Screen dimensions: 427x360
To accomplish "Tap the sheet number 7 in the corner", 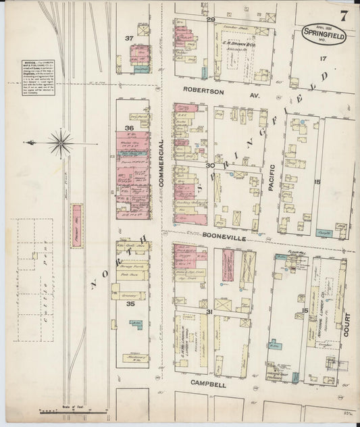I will (344, 14).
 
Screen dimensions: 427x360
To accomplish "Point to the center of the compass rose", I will (60, 143).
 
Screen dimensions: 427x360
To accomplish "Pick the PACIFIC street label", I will (271, 180).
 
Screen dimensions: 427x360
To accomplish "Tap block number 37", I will (128, 39).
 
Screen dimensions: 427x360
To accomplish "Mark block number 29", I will (210, 19).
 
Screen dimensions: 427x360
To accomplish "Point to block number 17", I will (323, 59).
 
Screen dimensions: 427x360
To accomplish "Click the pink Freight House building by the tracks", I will (76, 224).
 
